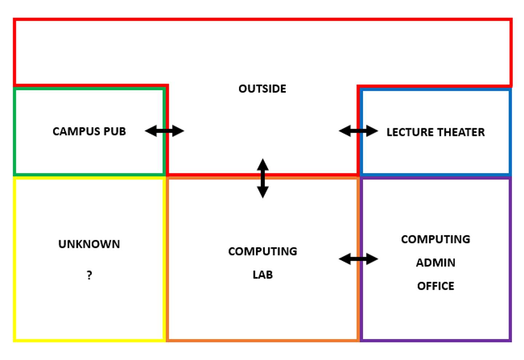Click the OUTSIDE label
262,89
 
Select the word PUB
115,131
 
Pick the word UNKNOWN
89,244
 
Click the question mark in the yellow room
89,275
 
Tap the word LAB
263,274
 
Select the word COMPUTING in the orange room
263,252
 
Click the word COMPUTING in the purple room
436,239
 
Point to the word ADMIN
436,262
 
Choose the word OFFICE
436,286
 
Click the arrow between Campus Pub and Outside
164,131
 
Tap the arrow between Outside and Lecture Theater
358,131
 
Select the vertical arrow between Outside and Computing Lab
263,178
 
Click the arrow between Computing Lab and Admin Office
358,259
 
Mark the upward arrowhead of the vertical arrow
263,164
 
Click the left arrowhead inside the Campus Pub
151,131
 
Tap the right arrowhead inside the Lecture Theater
372,131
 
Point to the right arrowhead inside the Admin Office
372,259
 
